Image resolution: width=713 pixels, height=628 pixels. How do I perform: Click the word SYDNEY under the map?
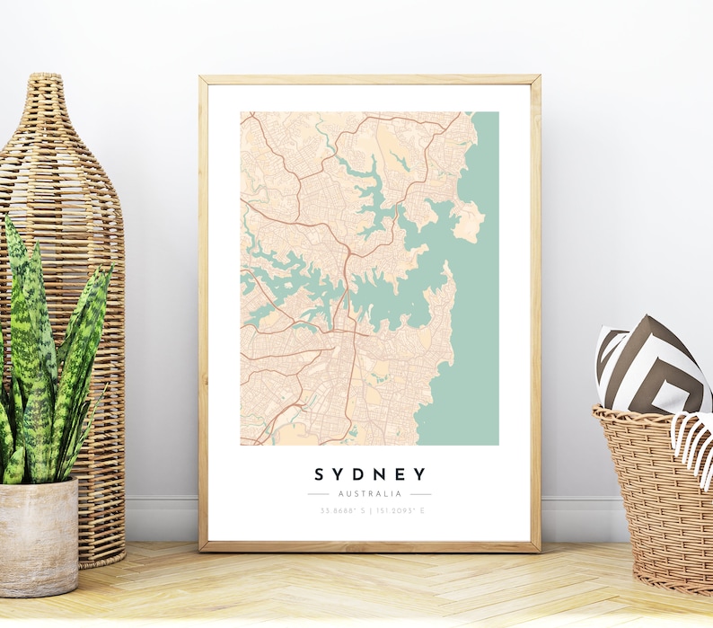pyautogui.click(x=369, y=474)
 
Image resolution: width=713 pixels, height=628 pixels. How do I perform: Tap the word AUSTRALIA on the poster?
pyautogui.click(x=369, y=494)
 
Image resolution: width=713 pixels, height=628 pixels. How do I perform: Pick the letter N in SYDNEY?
pyautogui.click(x=379, y=474)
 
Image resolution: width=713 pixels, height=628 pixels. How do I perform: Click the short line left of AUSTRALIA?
pyautogui.click(x=318, y=494)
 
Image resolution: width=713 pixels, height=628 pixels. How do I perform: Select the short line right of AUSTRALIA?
pyautogui.click(x=420, y=494)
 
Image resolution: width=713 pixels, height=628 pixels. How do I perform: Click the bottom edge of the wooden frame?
pyautogui.click(x=369, y=545)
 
